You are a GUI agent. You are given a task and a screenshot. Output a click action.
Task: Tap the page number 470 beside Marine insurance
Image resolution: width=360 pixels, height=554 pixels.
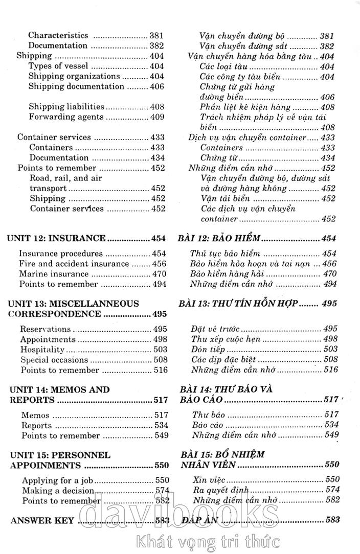159,274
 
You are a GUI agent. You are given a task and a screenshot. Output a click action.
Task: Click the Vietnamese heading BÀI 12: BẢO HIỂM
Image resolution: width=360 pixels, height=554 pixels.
220,238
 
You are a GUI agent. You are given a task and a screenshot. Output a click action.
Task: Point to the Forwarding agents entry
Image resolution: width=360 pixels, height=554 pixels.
66,117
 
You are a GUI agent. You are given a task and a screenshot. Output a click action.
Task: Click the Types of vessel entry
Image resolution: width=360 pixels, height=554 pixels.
58,66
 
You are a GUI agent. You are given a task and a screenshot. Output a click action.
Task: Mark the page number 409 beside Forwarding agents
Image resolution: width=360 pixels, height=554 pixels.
157,117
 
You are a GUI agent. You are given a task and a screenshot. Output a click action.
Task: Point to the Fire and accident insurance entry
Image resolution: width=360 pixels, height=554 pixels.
74,264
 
